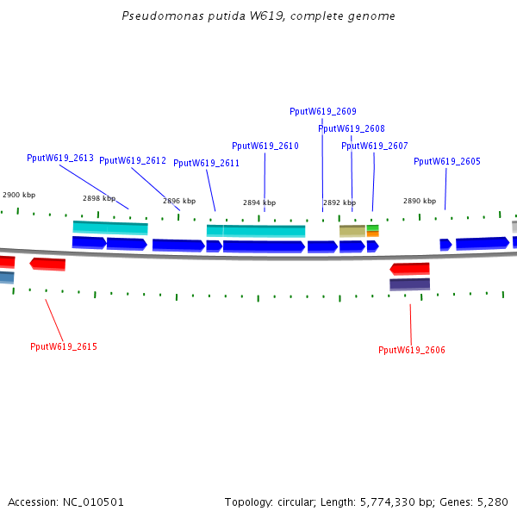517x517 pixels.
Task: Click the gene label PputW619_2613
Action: (60, 158)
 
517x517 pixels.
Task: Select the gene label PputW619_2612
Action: (133, 160)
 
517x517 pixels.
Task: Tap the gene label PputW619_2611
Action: (207, 163)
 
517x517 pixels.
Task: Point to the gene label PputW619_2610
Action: (265, 146)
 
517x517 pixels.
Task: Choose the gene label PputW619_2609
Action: (323, 111)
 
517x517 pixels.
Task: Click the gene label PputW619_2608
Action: (352, 128)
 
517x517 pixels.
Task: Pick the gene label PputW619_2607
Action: (375, 146)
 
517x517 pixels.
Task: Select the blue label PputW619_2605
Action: (447, 161)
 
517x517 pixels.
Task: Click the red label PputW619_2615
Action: (64, 346)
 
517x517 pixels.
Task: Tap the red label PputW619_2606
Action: (412, 350)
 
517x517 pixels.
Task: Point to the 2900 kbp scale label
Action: (19, 196)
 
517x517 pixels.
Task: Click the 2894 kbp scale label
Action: (259, 202)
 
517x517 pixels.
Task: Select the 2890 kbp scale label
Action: (420, 201)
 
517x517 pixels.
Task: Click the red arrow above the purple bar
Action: (410, 269)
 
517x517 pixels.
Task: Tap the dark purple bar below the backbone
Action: (409, 284)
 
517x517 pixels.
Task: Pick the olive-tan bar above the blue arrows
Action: (352, 231)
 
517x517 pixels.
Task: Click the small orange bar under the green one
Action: (373, 234)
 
